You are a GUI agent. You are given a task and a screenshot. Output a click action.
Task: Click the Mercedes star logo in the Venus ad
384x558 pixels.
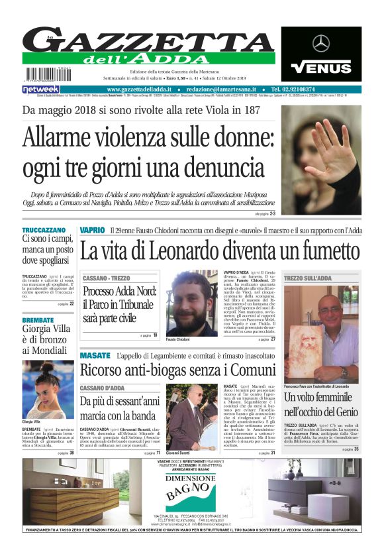[321, 44]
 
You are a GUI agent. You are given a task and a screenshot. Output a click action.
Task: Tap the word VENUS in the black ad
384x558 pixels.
[321, 67]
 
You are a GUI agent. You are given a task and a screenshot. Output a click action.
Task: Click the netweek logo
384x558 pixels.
[40, 89]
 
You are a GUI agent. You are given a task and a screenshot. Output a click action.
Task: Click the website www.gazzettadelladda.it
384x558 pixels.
[140, 89]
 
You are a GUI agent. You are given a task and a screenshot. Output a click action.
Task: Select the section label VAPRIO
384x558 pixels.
[92, 229]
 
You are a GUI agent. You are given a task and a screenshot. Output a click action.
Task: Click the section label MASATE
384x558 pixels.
[95, 356]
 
